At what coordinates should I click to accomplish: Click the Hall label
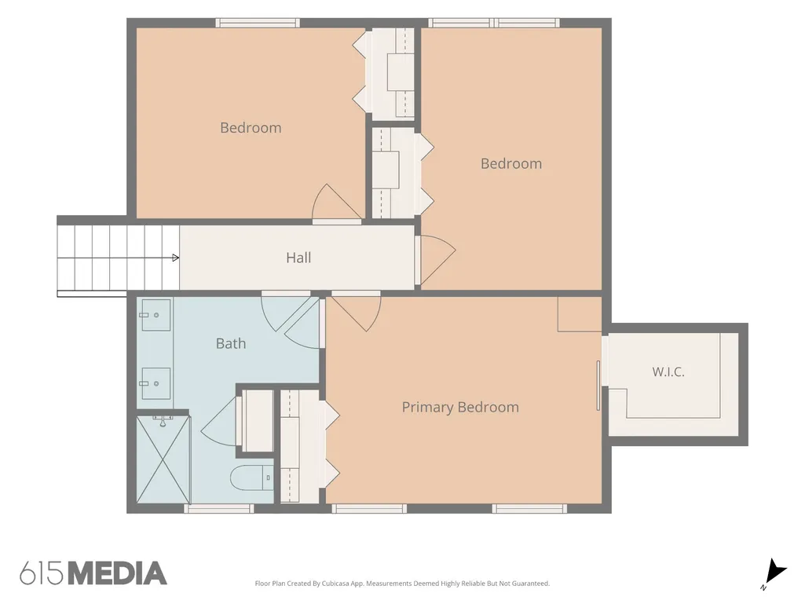[298, 258]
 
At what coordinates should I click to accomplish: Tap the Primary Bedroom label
[460, 408]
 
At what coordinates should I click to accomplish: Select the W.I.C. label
[668, 372]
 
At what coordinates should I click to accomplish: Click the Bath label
[231, 343]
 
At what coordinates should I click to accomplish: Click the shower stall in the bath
[163, 459]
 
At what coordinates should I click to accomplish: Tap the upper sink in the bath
[156, 315]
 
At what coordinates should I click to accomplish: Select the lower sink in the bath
[156, 383]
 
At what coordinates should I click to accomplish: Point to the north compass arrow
[775, 572]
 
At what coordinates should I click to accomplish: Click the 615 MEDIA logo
[93, 573]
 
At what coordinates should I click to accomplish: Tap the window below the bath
[218, 508]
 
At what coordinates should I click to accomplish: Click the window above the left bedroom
[258, 23]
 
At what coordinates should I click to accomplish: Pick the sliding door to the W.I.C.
[598, 386]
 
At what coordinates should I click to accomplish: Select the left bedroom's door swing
[337, 203]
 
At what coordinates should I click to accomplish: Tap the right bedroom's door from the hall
[436, 261]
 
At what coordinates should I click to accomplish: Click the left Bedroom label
[251, 127]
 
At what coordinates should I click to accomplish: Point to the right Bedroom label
[510, 163]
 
